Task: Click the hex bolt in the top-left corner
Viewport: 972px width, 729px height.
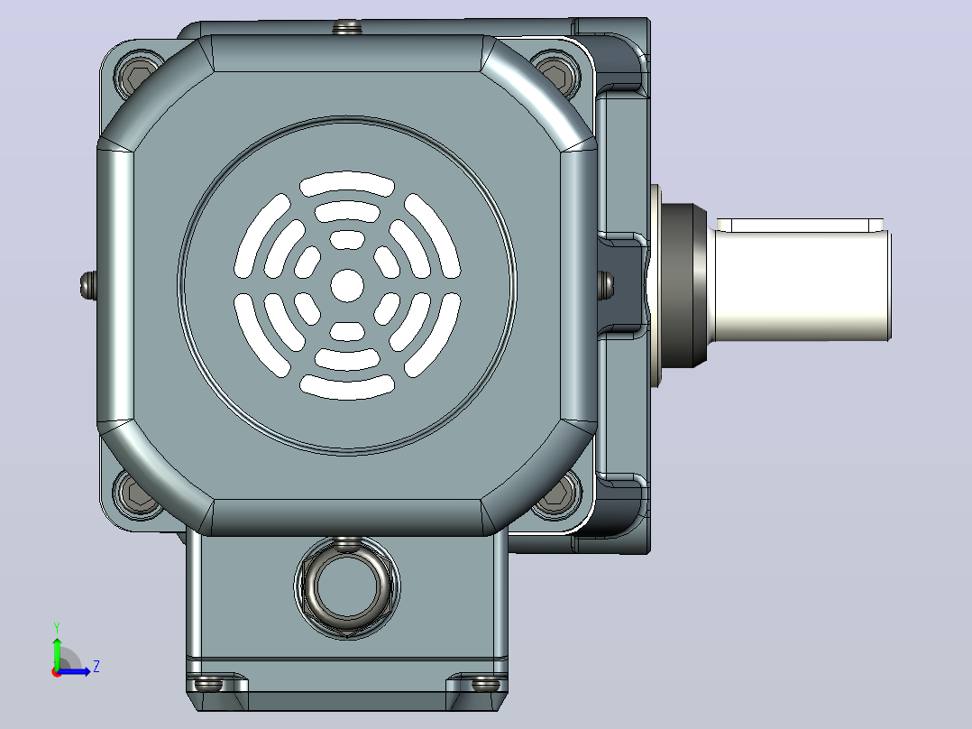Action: (x=138, y=77)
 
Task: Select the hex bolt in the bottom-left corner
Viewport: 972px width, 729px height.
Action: (x=136, y=494)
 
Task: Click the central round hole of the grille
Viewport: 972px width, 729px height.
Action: (x=347, y=285)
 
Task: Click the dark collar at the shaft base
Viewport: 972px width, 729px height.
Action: (x=684, y=285)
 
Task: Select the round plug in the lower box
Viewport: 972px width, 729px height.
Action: (x=347, y=587)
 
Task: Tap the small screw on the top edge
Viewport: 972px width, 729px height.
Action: (x=347, y=27)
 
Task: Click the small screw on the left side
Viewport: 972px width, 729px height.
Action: (x=88, y=285)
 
